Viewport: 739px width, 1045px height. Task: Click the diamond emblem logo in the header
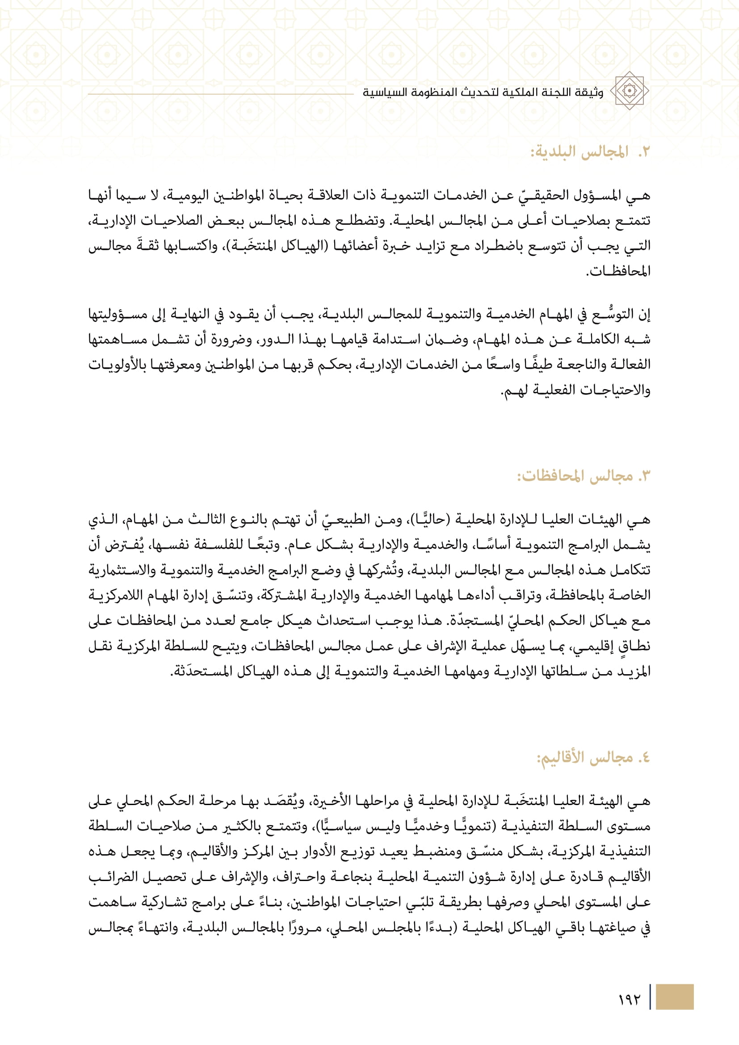[629, 91]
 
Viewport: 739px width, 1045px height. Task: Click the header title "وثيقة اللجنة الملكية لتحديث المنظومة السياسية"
[483, 92]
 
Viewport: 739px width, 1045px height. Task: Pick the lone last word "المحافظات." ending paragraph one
[618, 272]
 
